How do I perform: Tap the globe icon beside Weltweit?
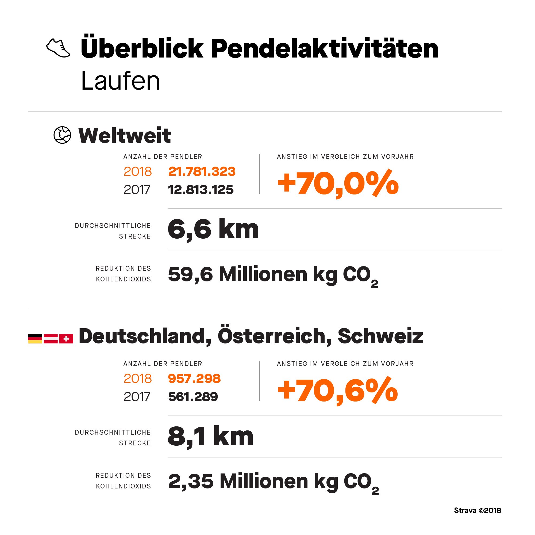(62, 135)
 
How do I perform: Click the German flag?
(35, 339)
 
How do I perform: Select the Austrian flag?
(51, 339)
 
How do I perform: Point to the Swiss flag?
(66, 339)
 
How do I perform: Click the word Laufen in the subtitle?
(121, 81)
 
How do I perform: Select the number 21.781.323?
(202, 171)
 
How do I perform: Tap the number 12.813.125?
(201, 190)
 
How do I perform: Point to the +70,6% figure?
(338, 391)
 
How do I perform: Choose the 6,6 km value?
(213, 230)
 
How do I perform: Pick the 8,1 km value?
(210, 436)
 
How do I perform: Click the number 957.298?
(194, 379)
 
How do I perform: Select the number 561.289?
(193, 397)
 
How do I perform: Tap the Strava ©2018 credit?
(478, 511)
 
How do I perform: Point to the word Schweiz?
(380, 336)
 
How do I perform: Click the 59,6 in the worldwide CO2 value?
(190, 274)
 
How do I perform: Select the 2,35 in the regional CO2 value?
(191, 481)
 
